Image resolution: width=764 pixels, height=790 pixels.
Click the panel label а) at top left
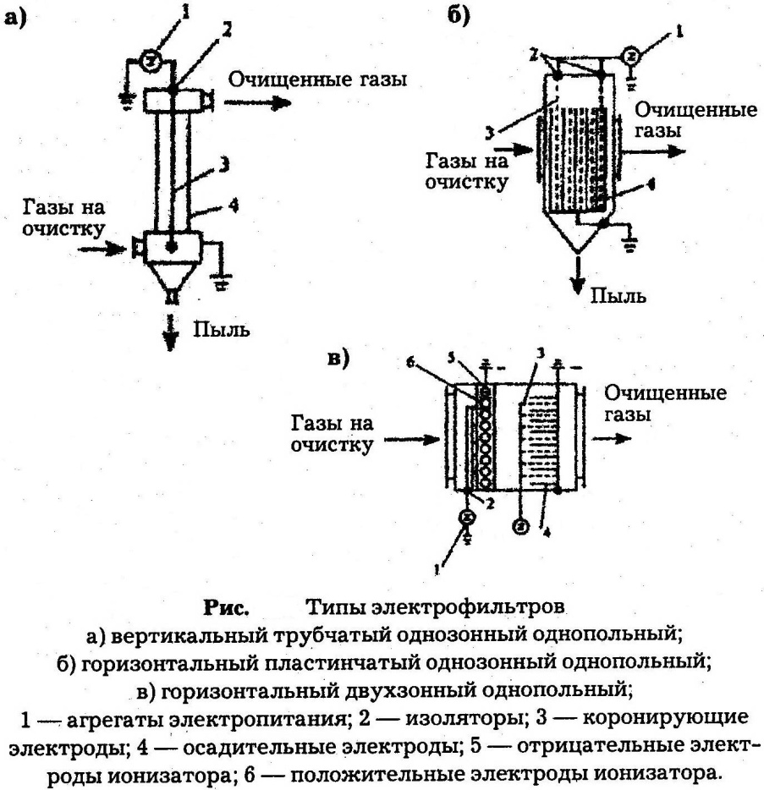[x=18, y=19]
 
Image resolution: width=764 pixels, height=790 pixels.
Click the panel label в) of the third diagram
[x=338, y=359]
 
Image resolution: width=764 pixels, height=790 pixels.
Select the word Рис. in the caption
[x=225, y=607]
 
